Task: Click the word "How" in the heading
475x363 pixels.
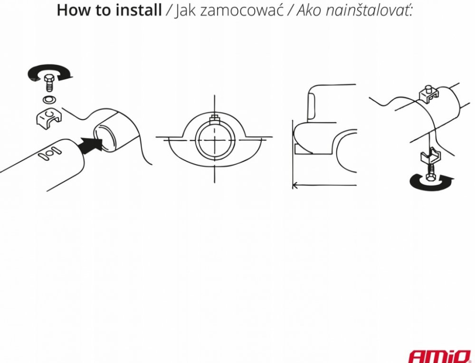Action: pyautogui.click(x=72, y=10)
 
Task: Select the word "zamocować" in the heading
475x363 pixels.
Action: pyautogui.click(x=241, y=10)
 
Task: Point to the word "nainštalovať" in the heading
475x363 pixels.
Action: pyautogui.click(x=369, y=10)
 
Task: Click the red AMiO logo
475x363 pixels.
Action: pyautogui.click(x=440, y=356)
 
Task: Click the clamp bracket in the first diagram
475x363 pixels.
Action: pyautogui.click(x=48, y=117)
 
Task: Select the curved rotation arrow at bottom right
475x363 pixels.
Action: pyautogui.click(x=431, y=181)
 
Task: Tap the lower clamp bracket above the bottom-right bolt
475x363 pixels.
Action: pyautogui.click(x=429, y=155)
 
